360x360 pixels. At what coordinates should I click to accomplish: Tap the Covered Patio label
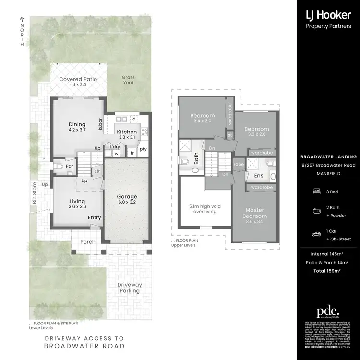(78, 79)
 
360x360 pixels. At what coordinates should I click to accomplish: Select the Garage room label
(127, 196)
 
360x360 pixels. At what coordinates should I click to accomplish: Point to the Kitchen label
(127, 132)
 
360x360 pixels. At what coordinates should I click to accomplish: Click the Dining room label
(77, 123)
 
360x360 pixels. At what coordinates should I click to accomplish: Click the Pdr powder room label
(70, 167)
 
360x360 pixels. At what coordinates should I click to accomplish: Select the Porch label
(87, 242)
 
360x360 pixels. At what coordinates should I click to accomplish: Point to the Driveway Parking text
(129, 288)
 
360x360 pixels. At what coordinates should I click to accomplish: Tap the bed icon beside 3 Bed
(316, 192)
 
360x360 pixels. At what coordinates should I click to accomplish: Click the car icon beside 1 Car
(316, 234)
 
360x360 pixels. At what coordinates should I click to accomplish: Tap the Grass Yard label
(128, 80)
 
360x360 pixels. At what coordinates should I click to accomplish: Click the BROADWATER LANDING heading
(328, 157)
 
